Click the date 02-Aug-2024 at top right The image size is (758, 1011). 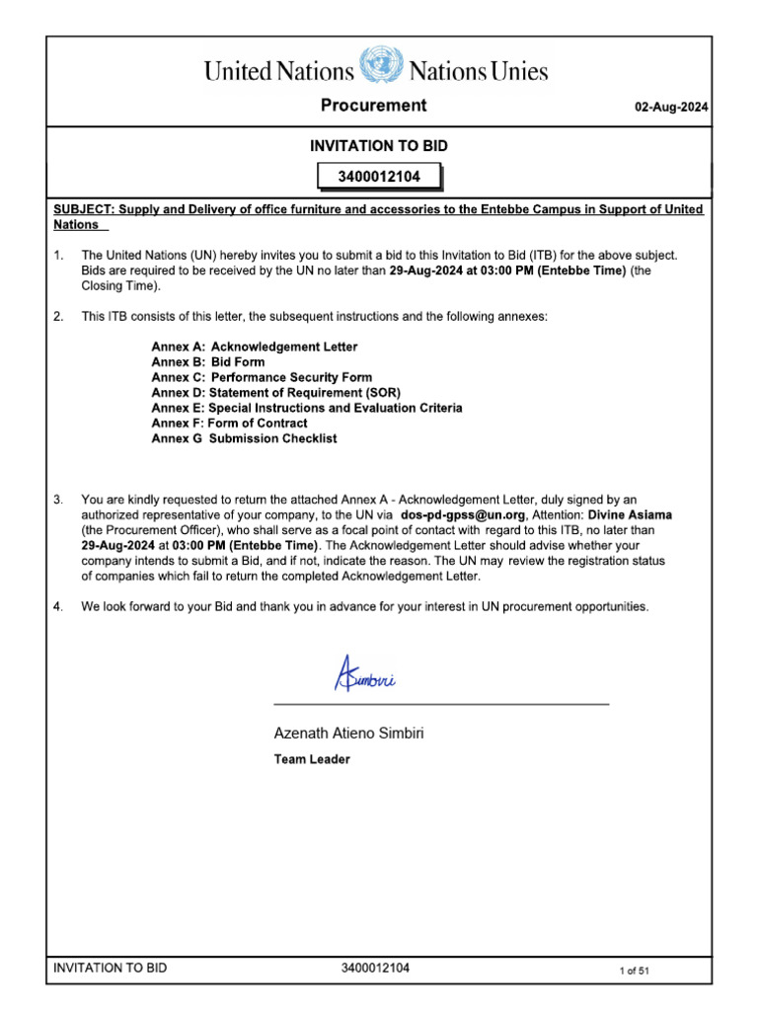pyautogui.click(x=672, y=108)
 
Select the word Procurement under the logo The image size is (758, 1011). pyautogui.click(x=373, y=106)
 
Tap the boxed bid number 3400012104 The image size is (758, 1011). pyautogui.click(x=379, y=178)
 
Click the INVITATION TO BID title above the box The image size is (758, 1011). pyautogui.click(x=379, y=146)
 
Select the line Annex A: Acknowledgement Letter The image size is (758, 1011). pyautogui.click(x=254, y=347)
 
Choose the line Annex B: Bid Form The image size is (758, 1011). pyautogui.click(x=207, y=362)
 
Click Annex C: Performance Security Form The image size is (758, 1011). pyautogui.click(x=262, y=377)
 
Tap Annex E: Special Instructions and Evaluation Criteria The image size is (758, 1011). pyautogui.click(x=306, y=408)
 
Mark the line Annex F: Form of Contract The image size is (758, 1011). pyautogui.click(x=229, y=424)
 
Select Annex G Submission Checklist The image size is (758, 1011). pyautogui.click(x=243, y=438)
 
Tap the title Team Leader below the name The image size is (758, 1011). pyautogui.click(x=311, y=759)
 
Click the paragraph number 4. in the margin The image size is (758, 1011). pyautogui.click(x=58, y=606)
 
